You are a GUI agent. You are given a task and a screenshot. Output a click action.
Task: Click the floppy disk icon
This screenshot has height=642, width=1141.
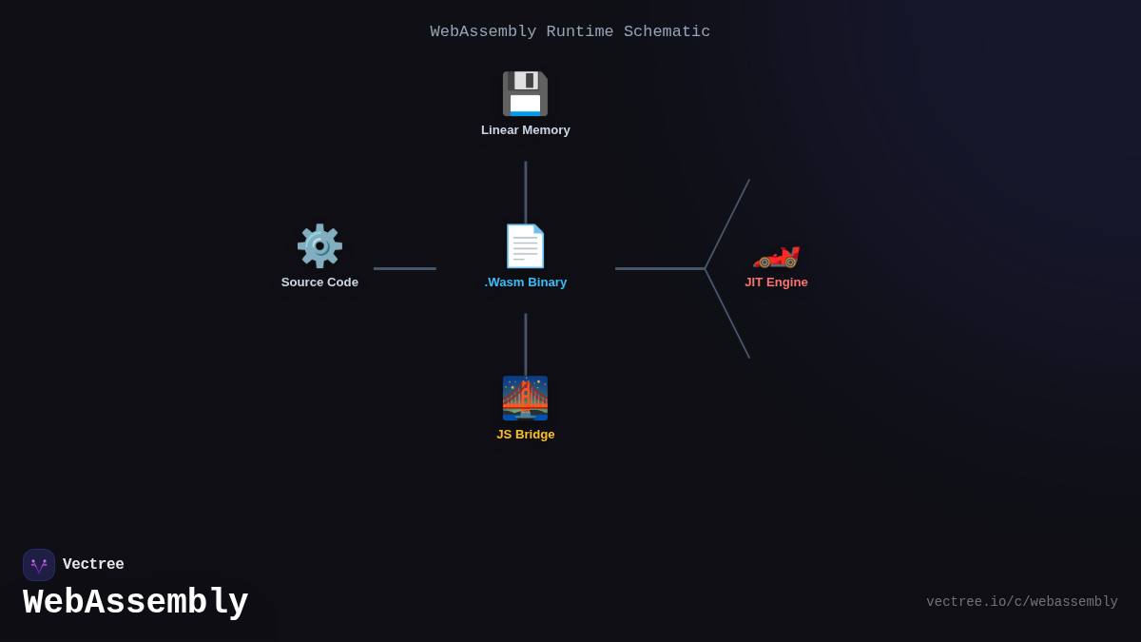(x=525, y=93)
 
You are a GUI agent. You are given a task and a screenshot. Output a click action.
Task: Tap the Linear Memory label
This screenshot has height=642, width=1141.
(x=525, y=130)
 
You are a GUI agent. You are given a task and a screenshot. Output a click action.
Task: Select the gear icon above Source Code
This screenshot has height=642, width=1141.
(x=319, y=245)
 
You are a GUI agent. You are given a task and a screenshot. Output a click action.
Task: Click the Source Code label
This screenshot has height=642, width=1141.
(x=319, y=282)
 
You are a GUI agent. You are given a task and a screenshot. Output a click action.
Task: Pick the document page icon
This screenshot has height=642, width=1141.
(x=525, y=245)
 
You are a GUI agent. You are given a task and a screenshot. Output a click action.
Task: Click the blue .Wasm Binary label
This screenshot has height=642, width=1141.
(x=525, y=282)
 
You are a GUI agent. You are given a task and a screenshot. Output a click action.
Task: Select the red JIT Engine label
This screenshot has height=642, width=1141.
(x=776, y=282)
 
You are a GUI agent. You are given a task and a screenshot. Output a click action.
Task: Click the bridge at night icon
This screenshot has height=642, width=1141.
(x=525, y=398)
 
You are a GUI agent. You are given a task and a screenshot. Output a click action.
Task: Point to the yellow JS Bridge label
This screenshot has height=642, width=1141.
(x=525, y=435)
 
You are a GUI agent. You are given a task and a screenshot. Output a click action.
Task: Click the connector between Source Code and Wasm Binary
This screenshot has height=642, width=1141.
(x=405, y=268)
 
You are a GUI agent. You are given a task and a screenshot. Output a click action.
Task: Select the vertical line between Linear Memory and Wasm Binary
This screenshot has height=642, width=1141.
(x=525, y=192)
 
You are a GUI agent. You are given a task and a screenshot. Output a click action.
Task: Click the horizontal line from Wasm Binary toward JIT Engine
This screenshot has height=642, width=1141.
(x=660, y=268)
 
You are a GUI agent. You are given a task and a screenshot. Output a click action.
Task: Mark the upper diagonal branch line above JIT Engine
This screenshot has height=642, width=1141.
(x=727, y=224)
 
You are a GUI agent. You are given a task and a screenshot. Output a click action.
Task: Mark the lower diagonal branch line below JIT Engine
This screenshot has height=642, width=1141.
(x=727, y=314)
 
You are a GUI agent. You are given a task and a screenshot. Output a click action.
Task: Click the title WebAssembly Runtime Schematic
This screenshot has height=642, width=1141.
(x=570, y=31)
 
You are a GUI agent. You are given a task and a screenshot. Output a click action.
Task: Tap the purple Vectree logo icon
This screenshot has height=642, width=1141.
(x=39, y=565)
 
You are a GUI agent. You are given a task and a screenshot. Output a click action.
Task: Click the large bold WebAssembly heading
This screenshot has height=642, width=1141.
(x=135, y=603)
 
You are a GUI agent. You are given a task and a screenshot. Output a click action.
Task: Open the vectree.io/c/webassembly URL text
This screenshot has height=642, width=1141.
(x=1021, y=602)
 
